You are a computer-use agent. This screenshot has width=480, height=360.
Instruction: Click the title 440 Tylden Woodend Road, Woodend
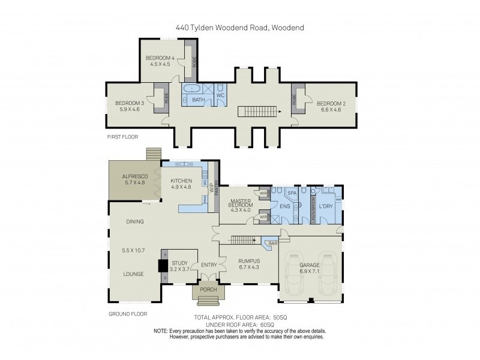click(x=240, y=26)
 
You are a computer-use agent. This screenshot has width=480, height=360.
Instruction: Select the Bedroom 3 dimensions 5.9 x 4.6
click(x=127, y=109)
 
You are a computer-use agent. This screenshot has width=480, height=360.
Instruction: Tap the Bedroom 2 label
click(x=331, y=102)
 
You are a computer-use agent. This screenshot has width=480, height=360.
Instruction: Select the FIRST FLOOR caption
click(x=122, y=137)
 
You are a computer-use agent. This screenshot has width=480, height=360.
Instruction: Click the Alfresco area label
click(x=134, y=176)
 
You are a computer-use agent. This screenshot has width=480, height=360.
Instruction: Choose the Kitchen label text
click(x=181, y=181)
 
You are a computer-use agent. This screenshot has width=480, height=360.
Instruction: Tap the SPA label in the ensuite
click(x=292, y=194)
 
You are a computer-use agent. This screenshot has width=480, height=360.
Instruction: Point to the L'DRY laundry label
click(x=326, y=206)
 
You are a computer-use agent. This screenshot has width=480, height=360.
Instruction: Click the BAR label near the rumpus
click(x=273, y=244)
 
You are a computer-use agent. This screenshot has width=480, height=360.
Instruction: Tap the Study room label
click(x=180, y=263)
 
